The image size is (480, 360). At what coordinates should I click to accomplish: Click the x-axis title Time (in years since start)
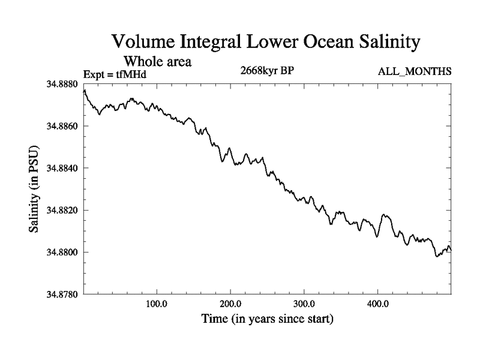pos(266,319)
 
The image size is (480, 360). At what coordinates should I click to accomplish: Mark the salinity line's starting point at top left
pos(84,91)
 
